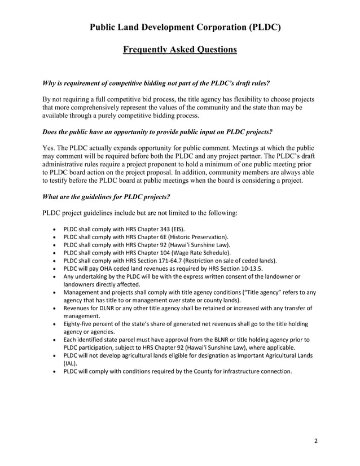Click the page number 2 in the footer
pos(316,441)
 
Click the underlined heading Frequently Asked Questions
pos(180,50)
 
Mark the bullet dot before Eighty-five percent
pos(54,324)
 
